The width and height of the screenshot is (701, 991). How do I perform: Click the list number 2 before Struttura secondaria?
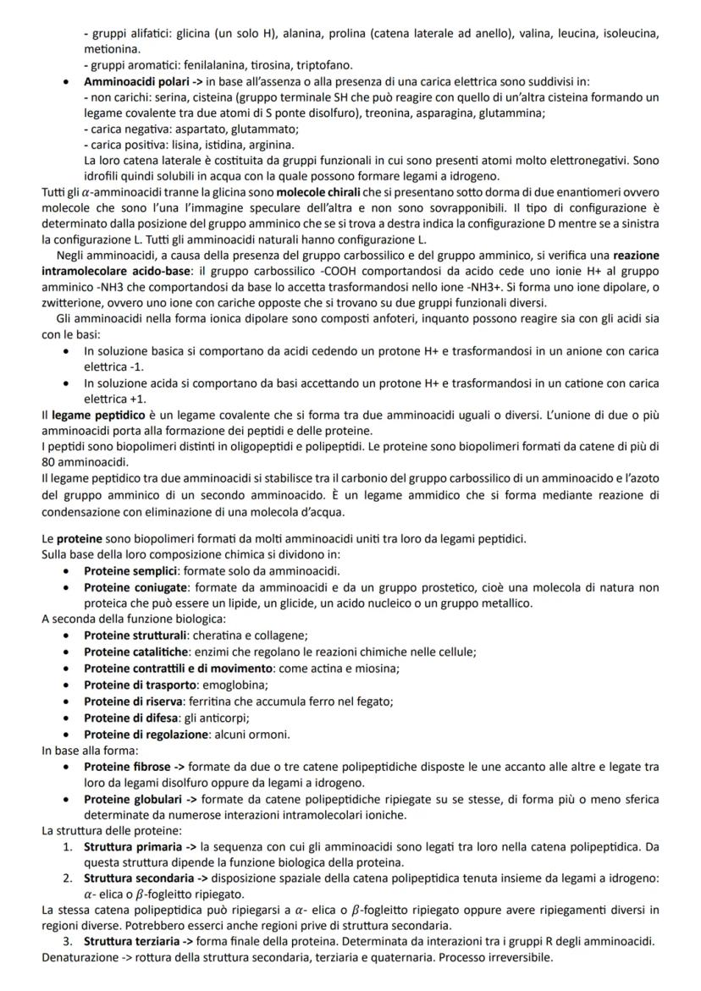[x=69, y=878]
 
